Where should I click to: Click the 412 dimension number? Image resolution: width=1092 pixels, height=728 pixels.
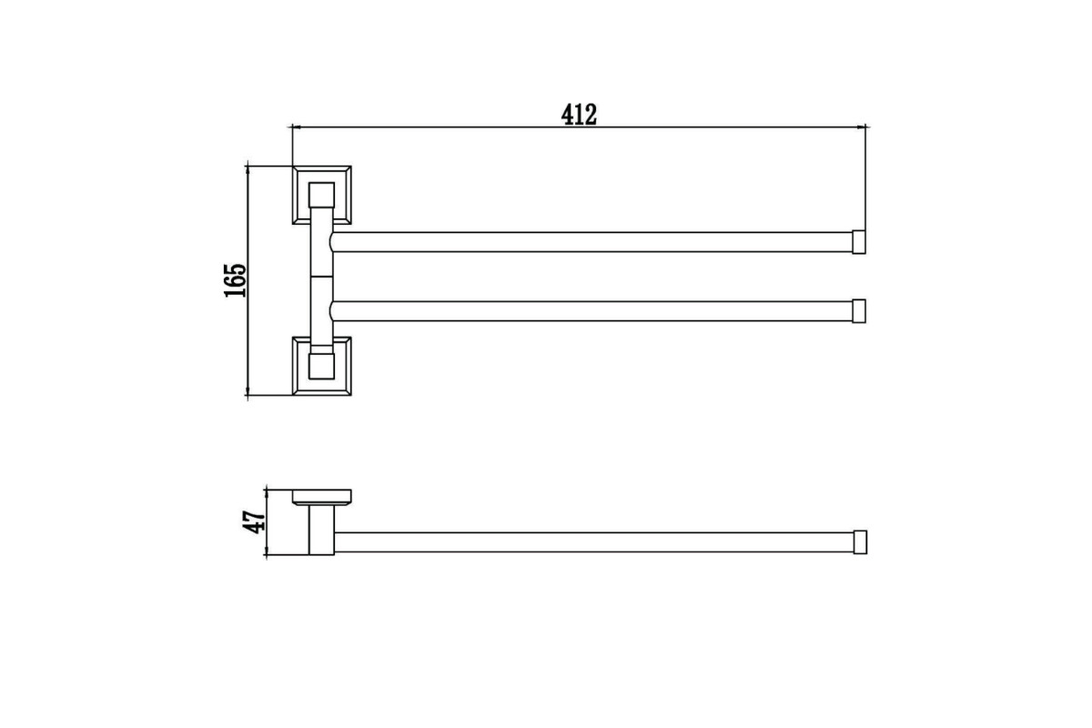point(579,115)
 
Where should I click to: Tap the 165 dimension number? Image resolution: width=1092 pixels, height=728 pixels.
point(236,280)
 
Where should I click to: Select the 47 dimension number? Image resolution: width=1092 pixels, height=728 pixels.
point(254,521)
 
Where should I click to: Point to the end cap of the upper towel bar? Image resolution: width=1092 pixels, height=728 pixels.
point(859,242)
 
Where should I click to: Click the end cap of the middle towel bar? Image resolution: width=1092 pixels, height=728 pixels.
point(859,311)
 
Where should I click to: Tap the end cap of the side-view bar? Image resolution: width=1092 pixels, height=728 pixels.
point(860,541)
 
